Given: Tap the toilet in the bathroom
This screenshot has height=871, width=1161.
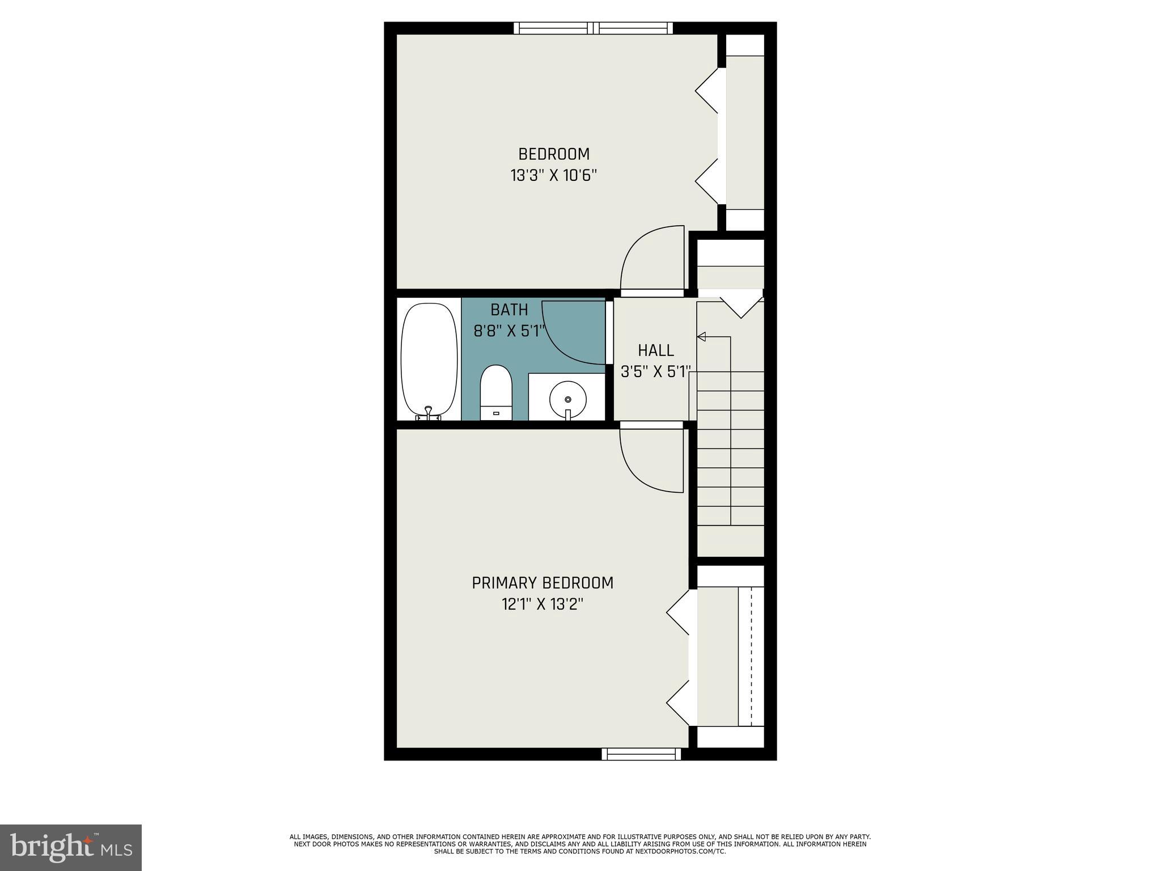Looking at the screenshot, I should pyautogui.click(x=496, y=392).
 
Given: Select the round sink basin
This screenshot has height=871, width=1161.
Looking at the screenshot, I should pyautogui.click(x=567, y=399).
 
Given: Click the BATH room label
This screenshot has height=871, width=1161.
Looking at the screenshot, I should pyautogui.click(x=509, y=310).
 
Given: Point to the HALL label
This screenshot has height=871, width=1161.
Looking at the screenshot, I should pyautogui.click(x=656, y=350).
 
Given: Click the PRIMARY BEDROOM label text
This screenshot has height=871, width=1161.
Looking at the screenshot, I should pyautogui.click(x=543, y=583).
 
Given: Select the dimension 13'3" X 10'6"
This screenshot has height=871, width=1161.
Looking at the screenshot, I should pyautogui.click(x=554, y=176).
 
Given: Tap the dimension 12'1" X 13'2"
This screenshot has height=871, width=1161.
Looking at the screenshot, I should pyautogui.click(x=543, y=604).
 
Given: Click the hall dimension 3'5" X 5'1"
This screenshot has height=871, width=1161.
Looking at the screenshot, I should pyautogui.click(x=656, y=372).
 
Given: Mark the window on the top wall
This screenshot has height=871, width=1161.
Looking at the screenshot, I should pyautogui.click(x=594, y=28).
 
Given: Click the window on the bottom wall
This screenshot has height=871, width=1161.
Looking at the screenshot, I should pyautogui.click(x=641, y=754).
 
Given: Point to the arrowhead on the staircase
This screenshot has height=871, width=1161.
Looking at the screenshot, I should pyautogui.click(x=701, y=337).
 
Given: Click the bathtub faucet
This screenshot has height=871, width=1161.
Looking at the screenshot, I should pyautogui.click(x=429, y=413).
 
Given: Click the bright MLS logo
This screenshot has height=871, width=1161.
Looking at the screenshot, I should pyautogui.click(x=71, y=848).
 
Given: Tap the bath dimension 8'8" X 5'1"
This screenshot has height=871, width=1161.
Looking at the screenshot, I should pyautogui.click(x=509, y=331).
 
